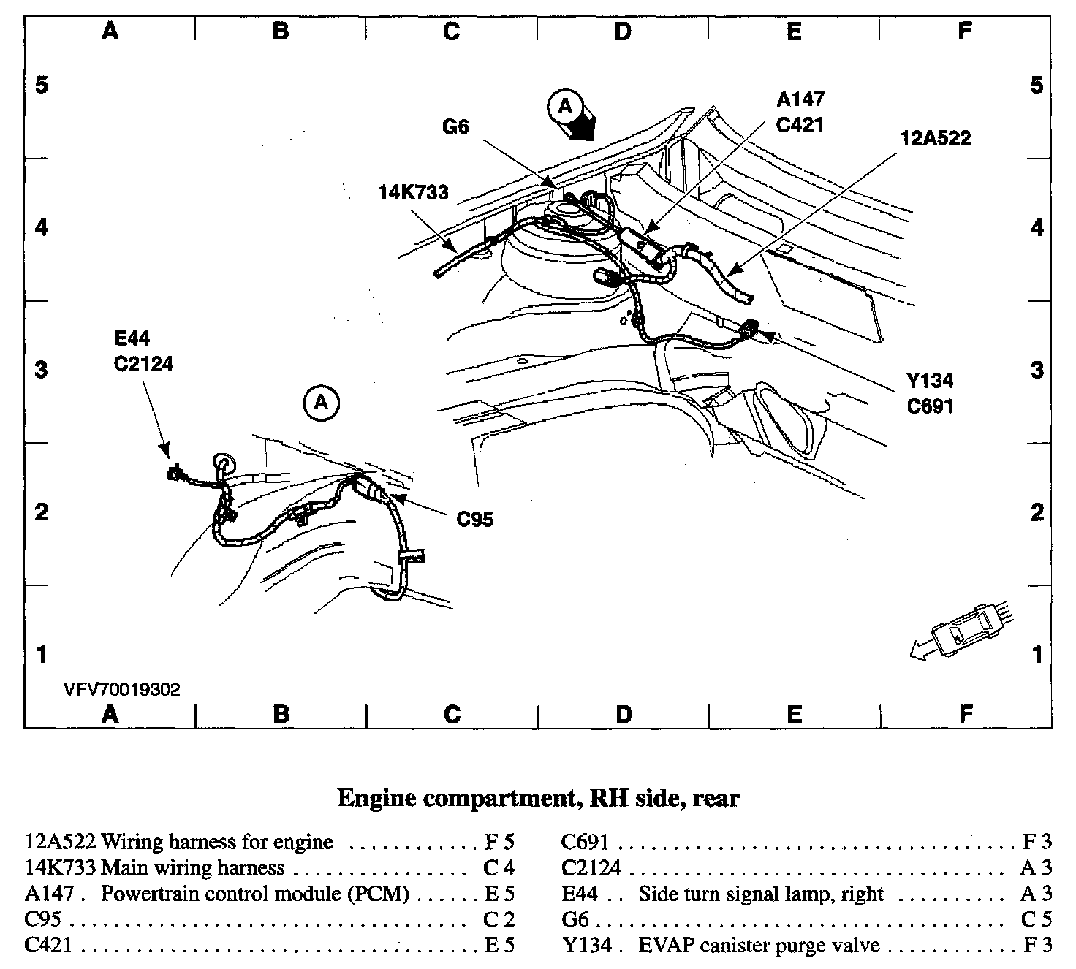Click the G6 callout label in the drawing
pyautogui.click(x=455, y=127)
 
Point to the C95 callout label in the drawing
pyautogui.click(x=474, y=519)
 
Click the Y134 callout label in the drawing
pyautogui.click(x=930, y=381)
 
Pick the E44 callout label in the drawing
pyautogui.click(x=132, y=338)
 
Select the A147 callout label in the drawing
pyautogui.click(x=800, y=99)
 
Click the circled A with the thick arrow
pyautogui.click(x=565, y=107)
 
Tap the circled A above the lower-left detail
pyautogui.click(x=322, y=402)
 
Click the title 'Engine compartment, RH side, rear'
pyautogui.click(x=538, y=798)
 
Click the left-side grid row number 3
pyautogui.click(x=42, y=370)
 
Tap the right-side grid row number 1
pyautogui.click(x=1037, y=654)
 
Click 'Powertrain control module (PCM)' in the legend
pyautogui.click(x=254, y=894)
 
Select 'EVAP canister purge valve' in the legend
pyautogui.click(x=759, y=946)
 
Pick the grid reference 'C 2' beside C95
pyautogui.click(x=501, y=919)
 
